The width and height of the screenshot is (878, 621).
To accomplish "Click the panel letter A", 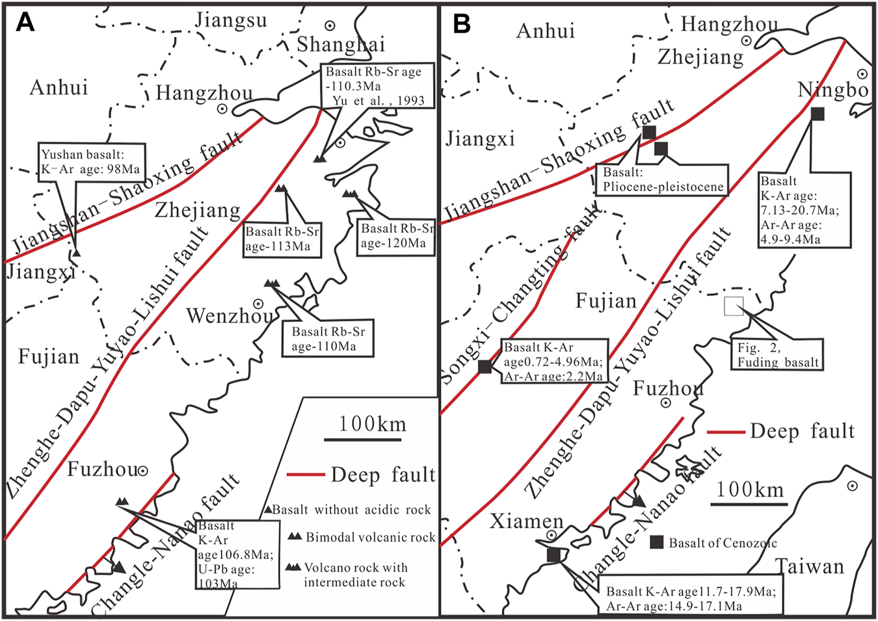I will [x=25, y=22].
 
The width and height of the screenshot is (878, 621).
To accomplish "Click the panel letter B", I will [x=461, y=23].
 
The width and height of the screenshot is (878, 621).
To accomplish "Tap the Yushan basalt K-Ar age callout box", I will [x=91, y=162].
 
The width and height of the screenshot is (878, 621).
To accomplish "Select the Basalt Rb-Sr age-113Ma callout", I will [x=282, y=239].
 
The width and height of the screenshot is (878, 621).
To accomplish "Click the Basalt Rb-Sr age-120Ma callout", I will [x=396, y=236].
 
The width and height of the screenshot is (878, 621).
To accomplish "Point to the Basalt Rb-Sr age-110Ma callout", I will [x=328, y=339].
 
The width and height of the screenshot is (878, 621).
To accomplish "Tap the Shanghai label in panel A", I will [x=341, y=44].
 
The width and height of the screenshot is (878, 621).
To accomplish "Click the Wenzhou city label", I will [x=230, y=316].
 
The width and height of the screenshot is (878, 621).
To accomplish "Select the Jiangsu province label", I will [x=231, y=20].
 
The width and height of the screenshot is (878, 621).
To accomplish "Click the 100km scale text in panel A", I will [x=372, y=424].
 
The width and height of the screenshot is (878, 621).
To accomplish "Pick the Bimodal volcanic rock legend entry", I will [x=370, y=537].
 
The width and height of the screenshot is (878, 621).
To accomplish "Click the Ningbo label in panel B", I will [x=833, y=90].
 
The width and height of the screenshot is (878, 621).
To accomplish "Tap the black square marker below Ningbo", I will [x=818, y=114].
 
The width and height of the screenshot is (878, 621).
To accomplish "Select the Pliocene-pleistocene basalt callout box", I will [x=662, y=179].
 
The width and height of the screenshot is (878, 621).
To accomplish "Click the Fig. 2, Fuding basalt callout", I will [x=777, y=355].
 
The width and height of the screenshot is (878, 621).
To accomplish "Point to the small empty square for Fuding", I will [x=734, y=306].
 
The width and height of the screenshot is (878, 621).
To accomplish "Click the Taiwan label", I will [x=810, y=566].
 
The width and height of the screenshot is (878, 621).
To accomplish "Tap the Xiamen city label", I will [x=526, y=521].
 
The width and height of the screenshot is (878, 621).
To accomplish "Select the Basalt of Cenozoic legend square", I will [x=657, y=542].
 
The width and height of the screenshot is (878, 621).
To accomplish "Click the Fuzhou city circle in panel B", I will [x=666, y=403].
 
